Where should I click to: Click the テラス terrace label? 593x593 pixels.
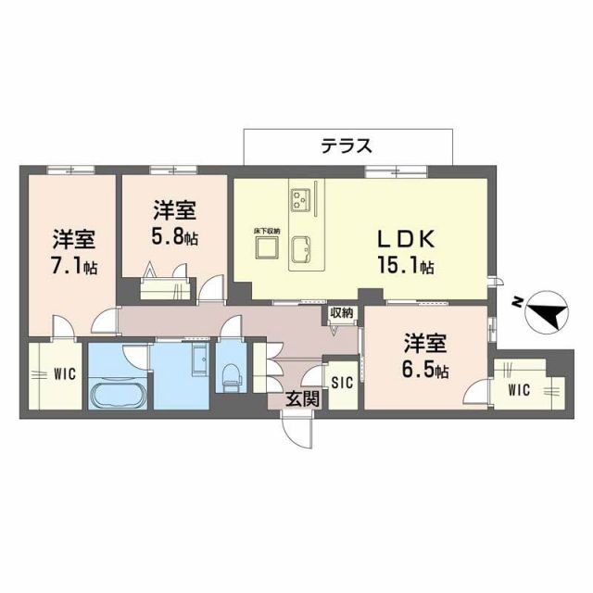point(347,145)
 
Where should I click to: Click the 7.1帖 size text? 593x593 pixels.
point(75,267)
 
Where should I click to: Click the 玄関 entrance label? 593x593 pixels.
point(302,399)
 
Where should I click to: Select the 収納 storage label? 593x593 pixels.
point(342,313)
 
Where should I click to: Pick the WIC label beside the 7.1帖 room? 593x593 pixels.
point(63,375)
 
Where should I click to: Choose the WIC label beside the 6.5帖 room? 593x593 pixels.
point(519,389)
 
